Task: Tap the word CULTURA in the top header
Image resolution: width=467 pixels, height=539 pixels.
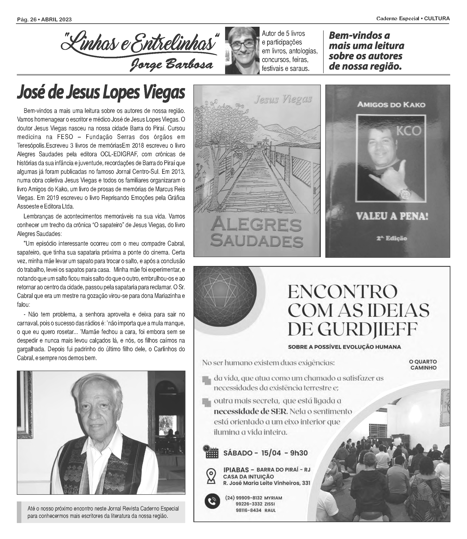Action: coord(437,19)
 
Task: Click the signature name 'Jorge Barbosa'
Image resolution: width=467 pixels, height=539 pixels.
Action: coord(171,65)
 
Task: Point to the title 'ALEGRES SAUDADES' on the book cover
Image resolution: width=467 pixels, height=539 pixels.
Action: coord(256,233)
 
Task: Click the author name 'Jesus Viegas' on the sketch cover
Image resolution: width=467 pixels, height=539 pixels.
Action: coord(283,99)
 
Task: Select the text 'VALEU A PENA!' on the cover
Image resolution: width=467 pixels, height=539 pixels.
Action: coord(392,217)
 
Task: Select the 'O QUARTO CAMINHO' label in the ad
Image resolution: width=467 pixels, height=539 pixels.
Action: coord(423,365)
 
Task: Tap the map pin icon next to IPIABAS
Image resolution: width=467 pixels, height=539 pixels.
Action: coord(211,476)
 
